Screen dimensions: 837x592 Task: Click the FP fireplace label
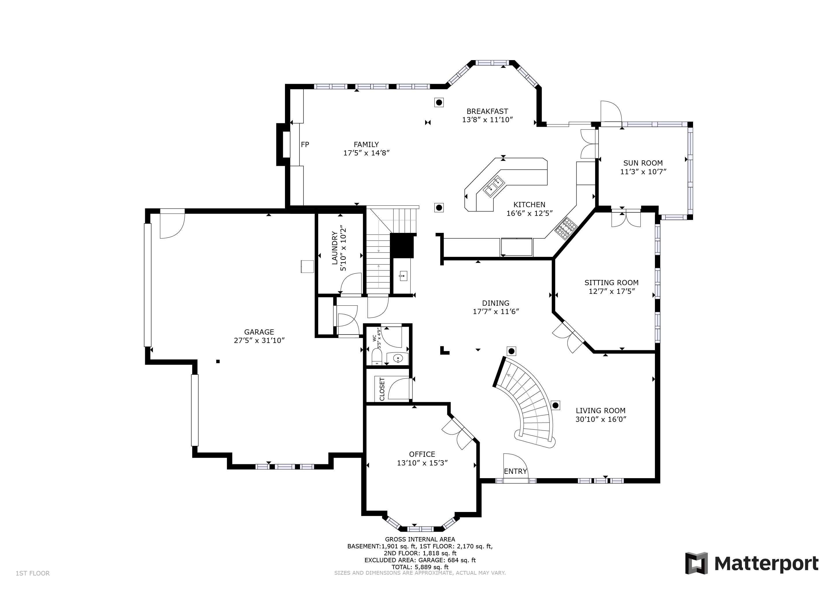click(x=305, y=144)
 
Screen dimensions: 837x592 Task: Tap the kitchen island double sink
click(x=494, y=185)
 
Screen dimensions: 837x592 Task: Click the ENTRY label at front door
click(x=515, y=471)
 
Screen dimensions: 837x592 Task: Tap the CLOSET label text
click(x=382, y=389)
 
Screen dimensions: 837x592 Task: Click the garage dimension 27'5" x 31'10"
click(x=259, y=340)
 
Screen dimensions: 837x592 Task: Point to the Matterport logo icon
click(x=696, y=563)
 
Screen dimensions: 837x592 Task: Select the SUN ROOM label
click(x=643, y=163)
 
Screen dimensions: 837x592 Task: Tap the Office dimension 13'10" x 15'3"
click(x=422, y=463)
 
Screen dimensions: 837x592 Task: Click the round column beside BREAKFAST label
click(x=439, y=103)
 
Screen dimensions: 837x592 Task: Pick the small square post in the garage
click(x=218, y=361)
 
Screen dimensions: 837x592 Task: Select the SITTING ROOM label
click(x=611, y=283)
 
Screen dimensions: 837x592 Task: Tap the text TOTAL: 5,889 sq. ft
click(x=420, y=567)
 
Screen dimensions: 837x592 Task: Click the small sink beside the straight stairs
click(x=403, y=276)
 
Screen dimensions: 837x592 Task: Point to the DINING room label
click(x=495, y=303)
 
